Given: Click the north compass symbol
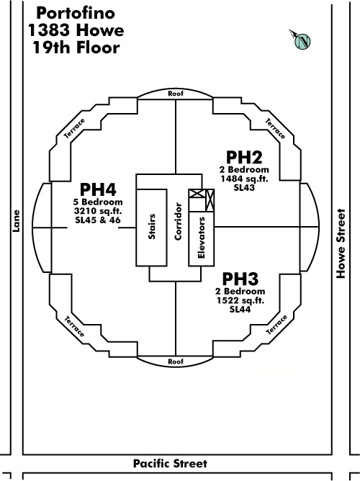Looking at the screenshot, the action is (300, 40).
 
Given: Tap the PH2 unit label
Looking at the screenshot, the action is (244, 157).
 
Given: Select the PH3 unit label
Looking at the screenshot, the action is (240, 279).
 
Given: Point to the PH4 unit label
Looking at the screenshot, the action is (98, 189).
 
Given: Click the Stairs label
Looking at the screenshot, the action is (152, 226).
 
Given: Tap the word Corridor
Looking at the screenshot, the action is (178, 221).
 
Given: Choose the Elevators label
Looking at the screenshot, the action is (202, 238).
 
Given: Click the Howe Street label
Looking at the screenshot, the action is (341, 243).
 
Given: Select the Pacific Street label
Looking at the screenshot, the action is (170, 464).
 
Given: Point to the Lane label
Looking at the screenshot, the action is (16, 221).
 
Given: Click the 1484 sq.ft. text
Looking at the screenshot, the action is (244, 179).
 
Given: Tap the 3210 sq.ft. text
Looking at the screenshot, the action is (98, 211).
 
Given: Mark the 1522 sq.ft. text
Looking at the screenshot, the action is (240, 300).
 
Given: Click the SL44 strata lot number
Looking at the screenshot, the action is (240, 309).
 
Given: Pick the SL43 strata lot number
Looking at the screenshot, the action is (244, 187).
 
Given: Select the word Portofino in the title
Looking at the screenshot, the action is (76, 13).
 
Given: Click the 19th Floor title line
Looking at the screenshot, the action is (76, 48).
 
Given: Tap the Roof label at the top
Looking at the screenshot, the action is (176, 94).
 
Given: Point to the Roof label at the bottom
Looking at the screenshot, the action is (176, 361).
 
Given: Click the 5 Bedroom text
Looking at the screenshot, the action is (98, 202).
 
